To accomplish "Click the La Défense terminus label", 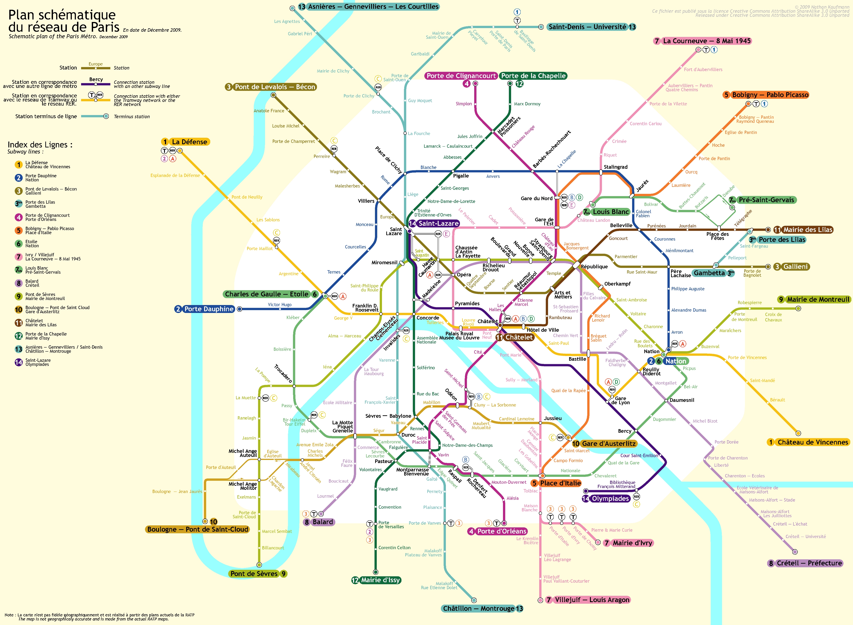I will click(189, 142).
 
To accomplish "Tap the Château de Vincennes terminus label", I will click(812, 442).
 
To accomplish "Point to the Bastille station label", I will click(577, 359).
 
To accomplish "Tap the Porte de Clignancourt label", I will click(461, 76).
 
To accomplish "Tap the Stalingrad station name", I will click(615, 167).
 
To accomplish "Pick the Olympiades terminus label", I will click(610, 499).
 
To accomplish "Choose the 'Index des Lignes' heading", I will click(40, 144).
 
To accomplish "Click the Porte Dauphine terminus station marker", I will click(239, 309).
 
